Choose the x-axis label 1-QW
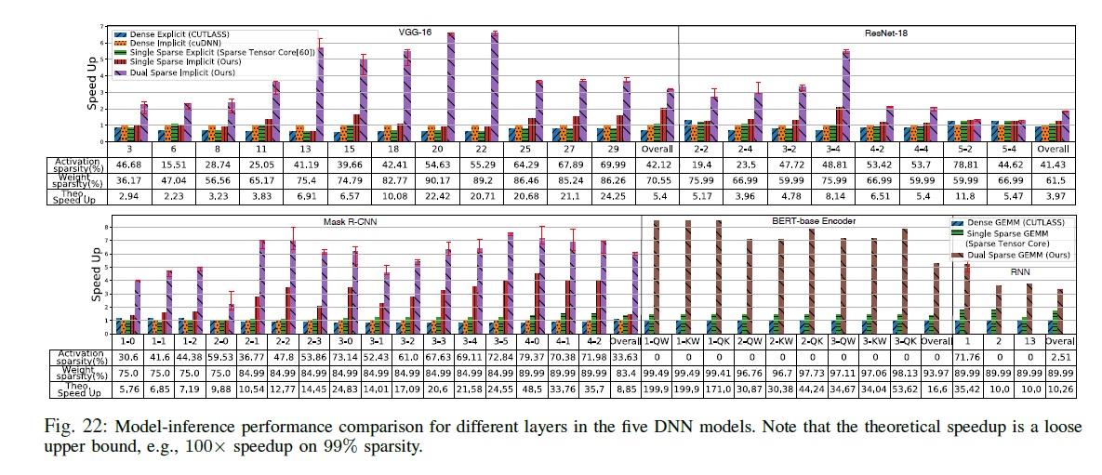(x=657, y=340)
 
